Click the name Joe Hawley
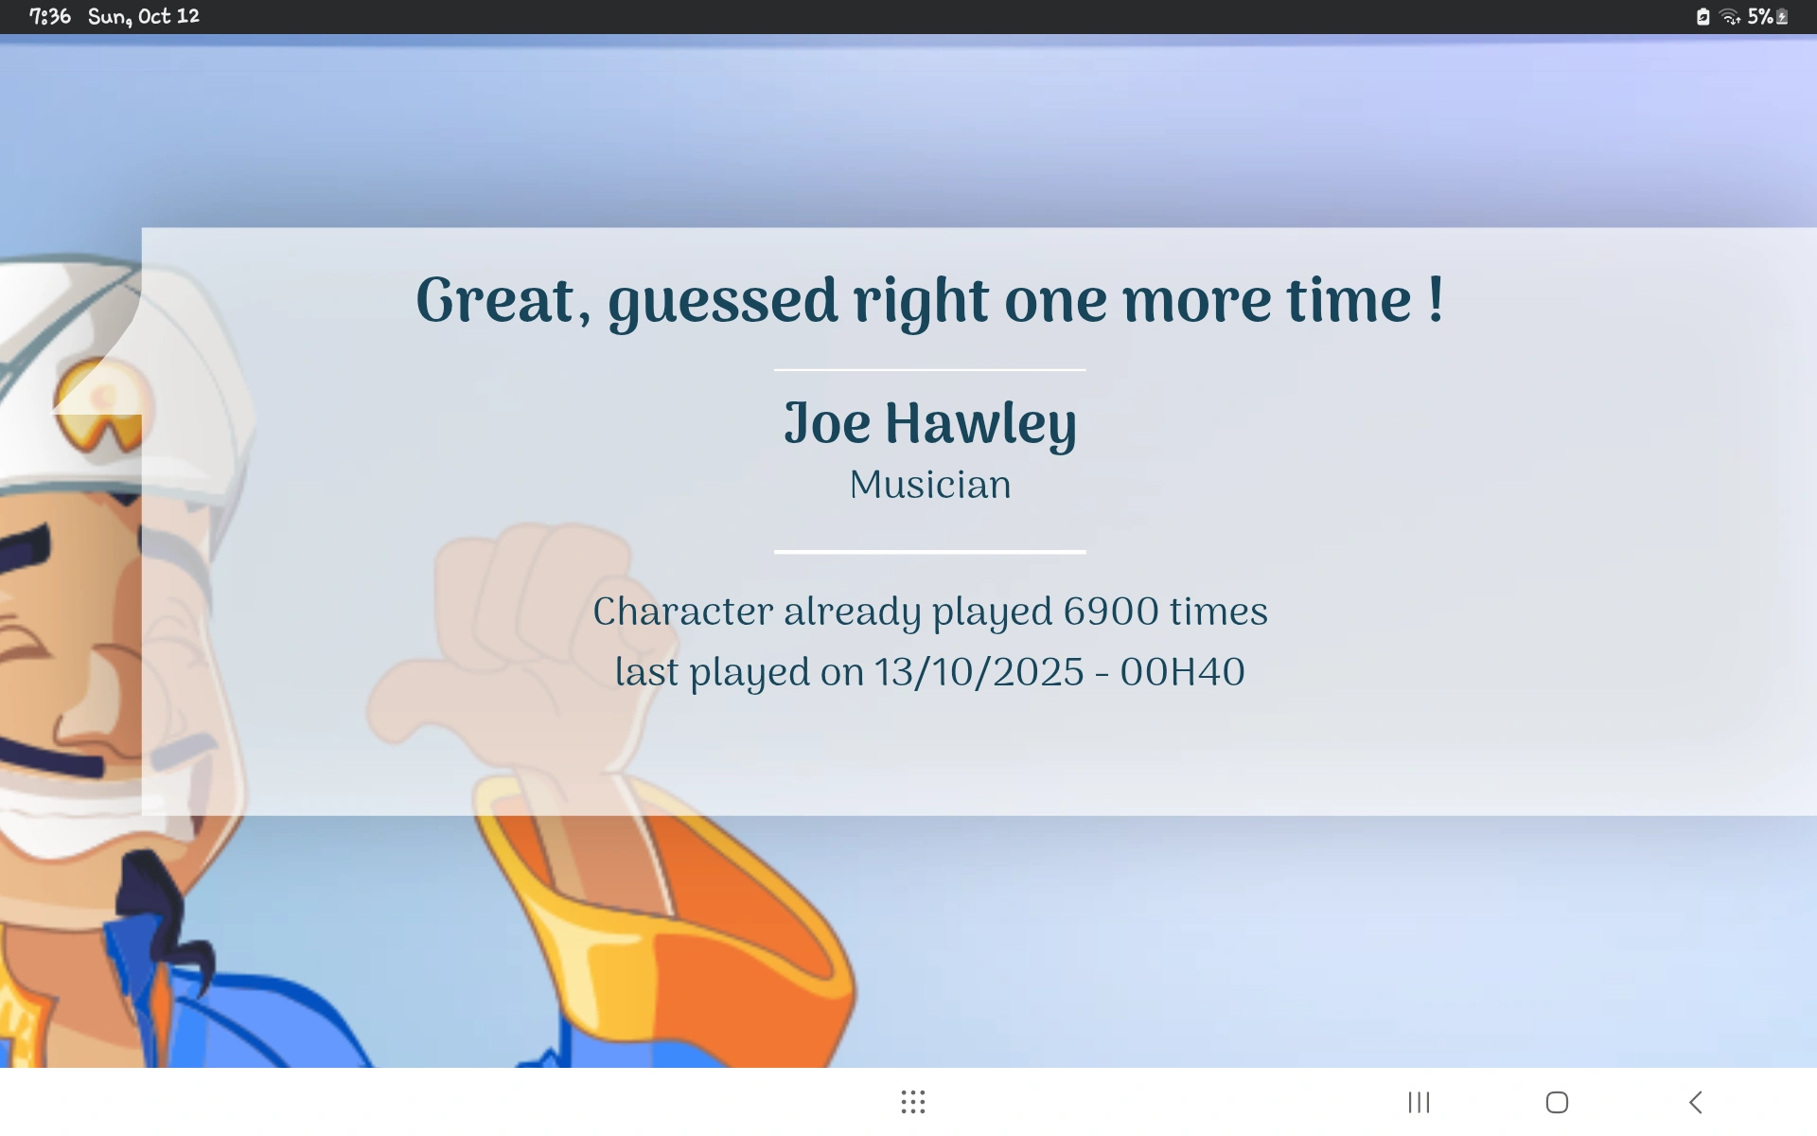[x=930, y=423]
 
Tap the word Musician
[x=930, y=485]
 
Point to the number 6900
[x=1111, y=612]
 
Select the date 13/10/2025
[x=979, y=672]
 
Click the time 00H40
[x=1182, y=672]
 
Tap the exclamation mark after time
[x=1436, y=300]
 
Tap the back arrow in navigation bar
[x=1696, y=1102]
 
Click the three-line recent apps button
[x=1419, y=1102]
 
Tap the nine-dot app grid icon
[x=913, y=1102]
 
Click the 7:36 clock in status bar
[x=50, y=16]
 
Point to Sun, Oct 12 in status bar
[x=144, y=16]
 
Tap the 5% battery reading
[x=1760, y=16]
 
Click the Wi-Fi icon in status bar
[x=1730, y=16]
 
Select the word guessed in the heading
[x=723, y=302]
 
